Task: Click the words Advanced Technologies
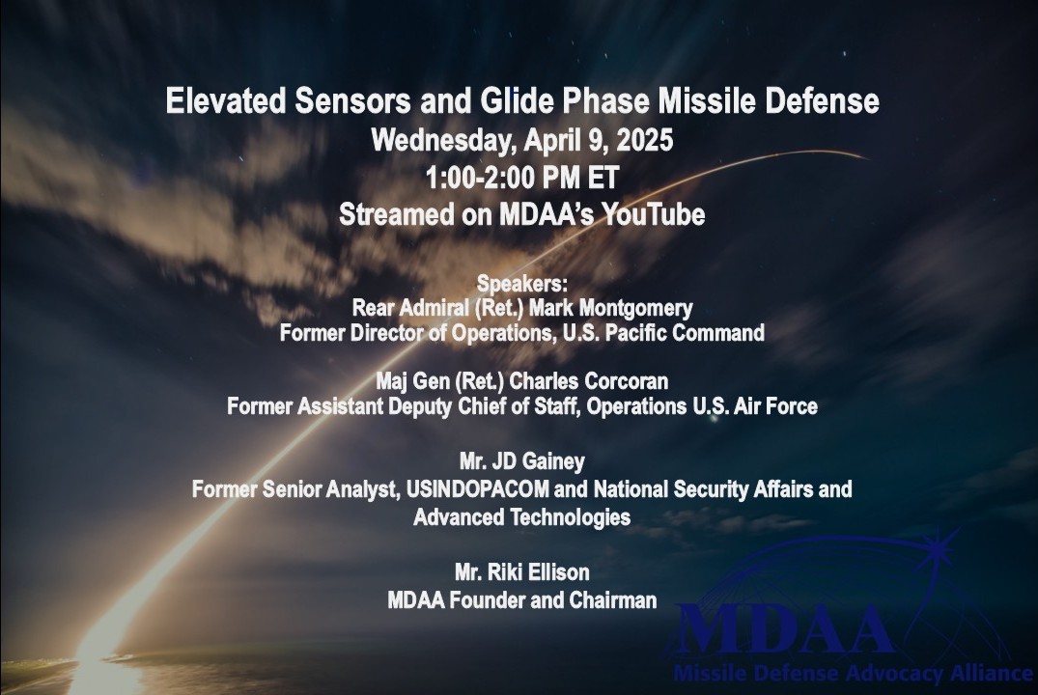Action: coord(521,517)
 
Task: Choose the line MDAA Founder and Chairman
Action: coord(521,600)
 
